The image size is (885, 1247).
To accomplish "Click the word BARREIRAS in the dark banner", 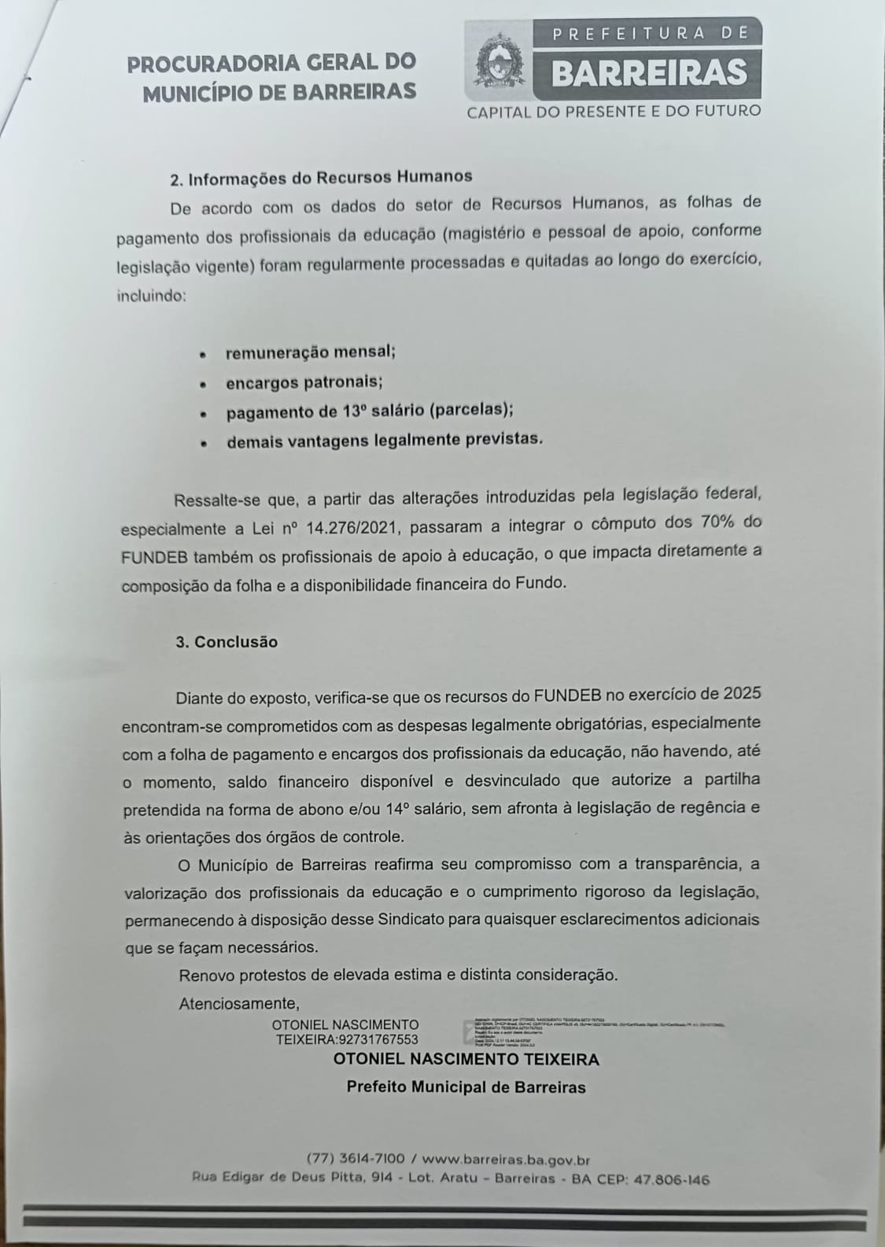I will (649, 73).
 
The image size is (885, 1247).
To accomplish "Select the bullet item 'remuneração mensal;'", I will (310, 352).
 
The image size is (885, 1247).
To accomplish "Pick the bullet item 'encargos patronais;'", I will (304, 383).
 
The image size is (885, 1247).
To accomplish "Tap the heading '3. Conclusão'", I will (227, 642).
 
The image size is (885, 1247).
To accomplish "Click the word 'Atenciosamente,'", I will (240, 1004).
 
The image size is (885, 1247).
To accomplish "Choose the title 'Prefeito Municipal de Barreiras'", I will (466, 1087).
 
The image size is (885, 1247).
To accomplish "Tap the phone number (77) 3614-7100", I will (355, 1159).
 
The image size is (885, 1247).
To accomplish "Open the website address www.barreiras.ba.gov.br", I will (506, 1159).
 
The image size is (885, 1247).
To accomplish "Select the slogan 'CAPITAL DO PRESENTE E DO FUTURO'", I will (614, 111).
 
